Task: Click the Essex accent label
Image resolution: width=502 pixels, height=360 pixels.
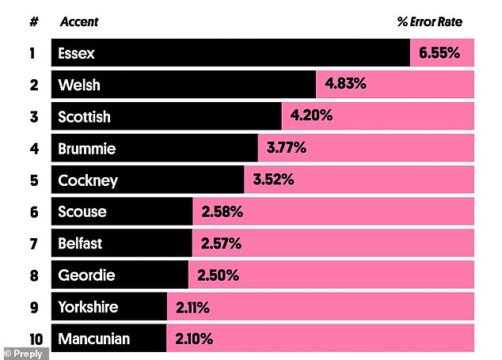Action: [x=76, y=54]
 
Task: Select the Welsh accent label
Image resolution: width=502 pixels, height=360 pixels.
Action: [x=79, y=85]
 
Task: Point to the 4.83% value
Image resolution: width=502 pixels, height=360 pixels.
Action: [x=344, y=85]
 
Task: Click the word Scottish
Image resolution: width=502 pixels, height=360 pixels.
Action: [x=84, y=117]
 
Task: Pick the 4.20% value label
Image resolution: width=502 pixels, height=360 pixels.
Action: [x=311, y=116]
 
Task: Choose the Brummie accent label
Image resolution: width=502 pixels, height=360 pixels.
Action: [x=86, y=148]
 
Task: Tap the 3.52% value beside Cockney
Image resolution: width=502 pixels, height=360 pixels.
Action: [x=273, y=180]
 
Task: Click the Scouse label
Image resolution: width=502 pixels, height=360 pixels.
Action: [x=82, y=212]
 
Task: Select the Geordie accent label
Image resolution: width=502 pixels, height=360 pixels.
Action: [x=86, y=275]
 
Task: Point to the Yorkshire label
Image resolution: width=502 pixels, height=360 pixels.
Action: [x=88, y=307]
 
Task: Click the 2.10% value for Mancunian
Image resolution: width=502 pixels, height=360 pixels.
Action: [x=196, y=339]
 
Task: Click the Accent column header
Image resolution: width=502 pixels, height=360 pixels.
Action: [x=79, y=22]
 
